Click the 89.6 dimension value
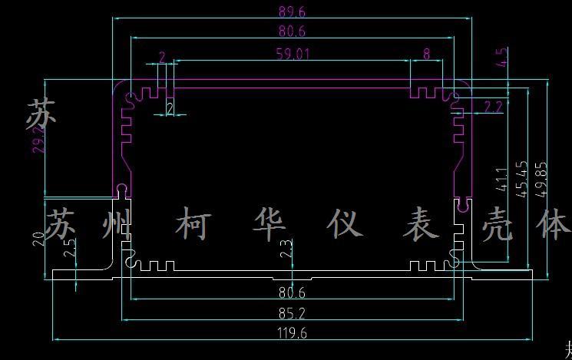[x=292, y=12]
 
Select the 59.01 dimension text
[x=292, y=54]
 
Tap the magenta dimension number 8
[x=426, y=54]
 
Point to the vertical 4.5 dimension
[x=504, y=57]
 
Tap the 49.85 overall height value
[x=541, y=178]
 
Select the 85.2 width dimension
[x=292, y=312]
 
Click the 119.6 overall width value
[x=292, y=332]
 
